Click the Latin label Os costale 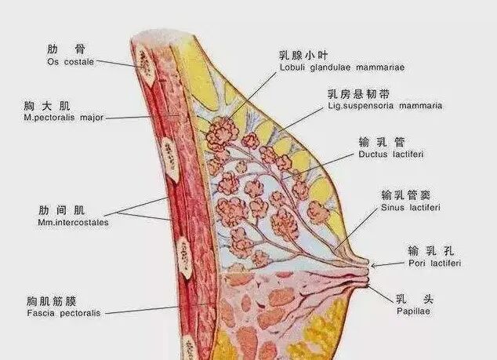[x=71, y=60]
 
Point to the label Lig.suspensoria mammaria [x=385, y=105]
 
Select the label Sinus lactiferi [x=410, y=208]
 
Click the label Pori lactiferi [x=434, y=264]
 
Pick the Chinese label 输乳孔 [x=430, y=251]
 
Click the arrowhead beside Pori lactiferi [x=373, y=266]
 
